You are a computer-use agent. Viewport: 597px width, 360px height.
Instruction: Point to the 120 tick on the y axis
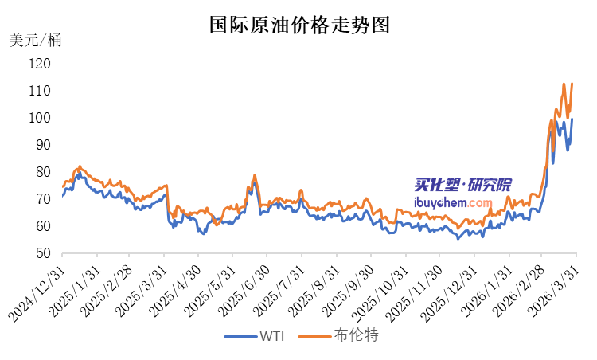pyautogui.click(x=41, y=64)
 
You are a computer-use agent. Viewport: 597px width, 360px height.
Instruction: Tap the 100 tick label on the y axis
pyautogui.click(x=41, y=118)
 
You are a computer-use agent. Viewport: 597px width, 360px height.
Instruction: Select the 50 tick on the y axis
pyautogui.click(x=44, y=253)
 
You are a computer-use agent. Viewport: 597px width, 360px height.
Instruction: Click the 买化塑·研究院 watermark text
pyautogui.click(x=464, y=185)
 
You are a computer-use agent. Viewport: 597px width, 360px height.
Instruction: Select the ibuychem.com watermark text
pyautogui.click(x=464, y=202)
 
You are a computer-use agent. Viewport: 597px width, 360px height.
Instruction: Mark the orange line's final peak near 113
pyautogui.click(x=572, y=83)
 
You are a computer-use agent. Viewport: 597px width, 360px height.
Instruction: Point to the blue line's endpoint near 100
pyautogui.click(x=572, y=119)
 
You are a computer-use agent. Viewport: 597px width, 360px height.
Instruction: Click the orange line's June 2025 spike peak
pyautogui.click(x=255, y=174)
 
